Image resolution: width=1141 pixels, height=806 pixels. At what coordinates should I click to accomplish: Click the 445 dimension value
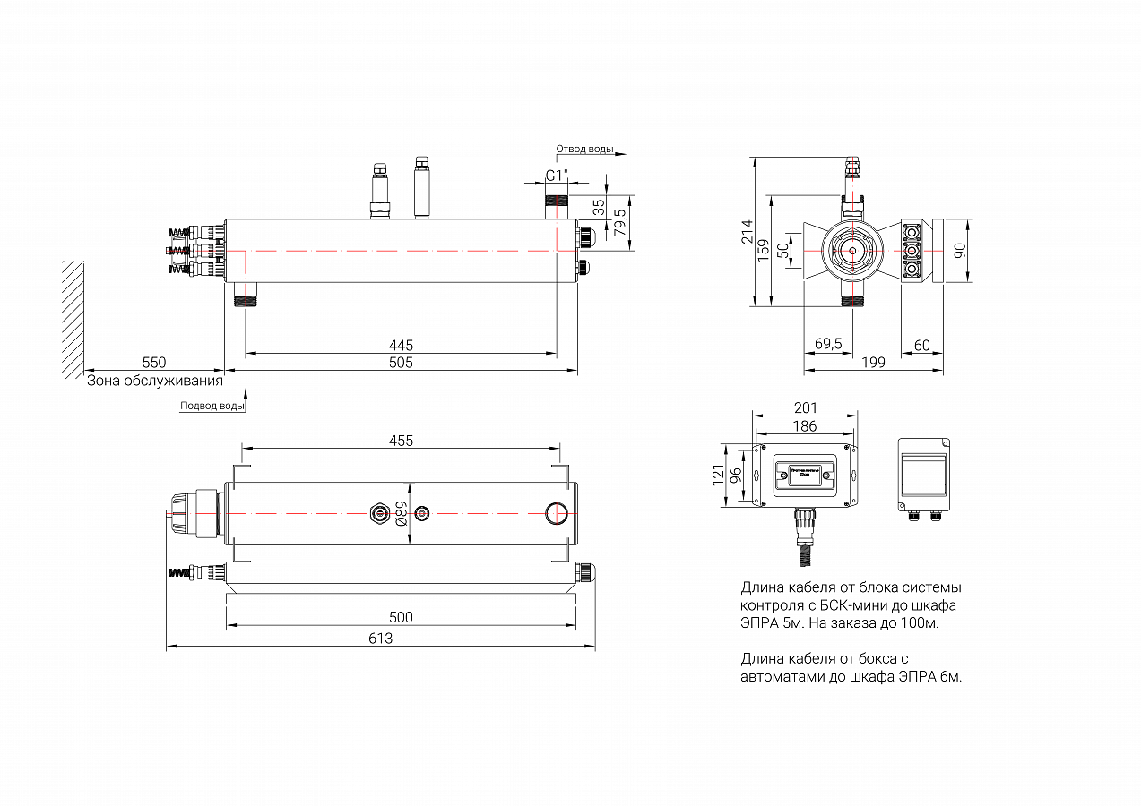click(x=401, y=346)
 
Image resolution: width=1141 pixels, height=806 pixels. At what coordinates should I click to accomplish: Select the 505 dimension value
click(x=401, y=363)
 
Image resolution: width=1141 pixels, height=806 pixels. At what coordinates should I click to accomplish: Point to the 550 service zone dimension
click(x=154, y=363)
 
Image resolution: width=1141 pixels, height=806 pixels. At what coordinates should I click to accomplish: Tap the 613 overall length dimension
click(x=381, y=639)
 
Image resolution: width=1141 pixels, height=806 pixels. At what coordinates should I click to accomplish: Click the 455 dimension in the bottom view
click(x=401, y=441)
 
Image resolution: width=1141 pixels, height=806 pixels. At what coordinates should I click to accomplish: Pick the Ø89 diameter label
click(x=402, y=513)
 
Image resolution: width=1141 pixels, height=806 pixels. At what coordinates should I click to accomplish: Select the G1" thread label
click(x=558, y=176)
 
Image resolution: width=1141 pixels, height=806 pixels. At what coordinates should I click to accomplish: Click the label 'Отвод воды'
click(x=584, y=150)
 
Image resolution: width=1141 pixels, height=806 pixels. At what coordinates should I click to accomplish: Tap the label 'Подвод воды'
click(x=212, y=406)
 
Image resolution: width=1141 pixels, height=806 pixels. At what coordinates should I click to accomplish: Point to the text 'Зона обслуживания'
click(x=154, y=381)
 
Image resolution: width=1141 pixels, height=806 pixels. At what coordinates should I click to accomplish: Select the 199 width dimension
click(x=873, y=363)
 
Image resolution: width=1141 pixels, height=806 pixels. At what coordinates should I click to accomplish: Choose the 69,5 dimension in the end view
click(x=828, y=345)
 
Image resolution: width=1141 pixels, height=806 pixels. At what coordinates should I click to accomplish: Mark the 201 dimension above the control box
click(x=805, y=408)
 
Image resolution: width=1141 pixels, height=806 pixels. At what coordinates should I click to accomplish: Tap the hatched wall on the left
click(x=73, y=319)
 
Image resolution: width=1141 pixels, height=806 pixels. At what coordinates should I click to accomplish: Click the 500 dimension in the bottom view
click(x=401, y=618)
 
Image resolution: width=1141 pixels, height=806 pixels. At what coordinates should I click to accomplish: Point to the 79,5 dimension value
click(x=618, y=219)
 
